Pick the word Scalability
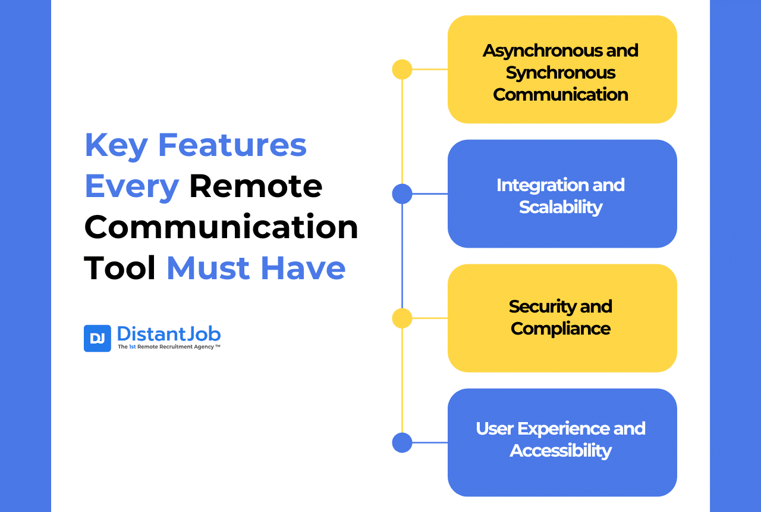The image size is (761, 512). [561, 207]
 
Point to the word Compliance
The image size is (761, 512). [561, 329]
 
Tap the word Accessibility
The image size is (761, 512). [561, 451]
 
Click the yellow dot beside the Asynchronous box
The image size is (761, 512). [402, 70]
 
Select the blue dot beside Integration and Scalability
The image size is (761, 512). [402, 194]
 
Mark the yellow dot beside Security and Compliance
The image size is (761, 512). [402, 319]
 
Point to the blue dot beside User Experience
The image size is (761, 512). [402, 443]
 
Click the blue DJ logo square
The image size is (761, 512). [97, 338]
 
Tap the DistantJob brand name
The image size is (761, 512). [169, 334]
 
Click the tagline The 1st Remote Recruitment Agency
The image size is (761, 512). [169, 346]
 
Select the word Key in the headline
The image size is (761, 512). [116, 145]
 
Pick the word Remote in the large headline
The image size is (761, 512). [256, 186]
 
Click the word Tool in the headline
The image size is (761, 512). [120, 269]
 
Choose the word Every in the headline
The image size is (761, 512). [132, 186]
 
